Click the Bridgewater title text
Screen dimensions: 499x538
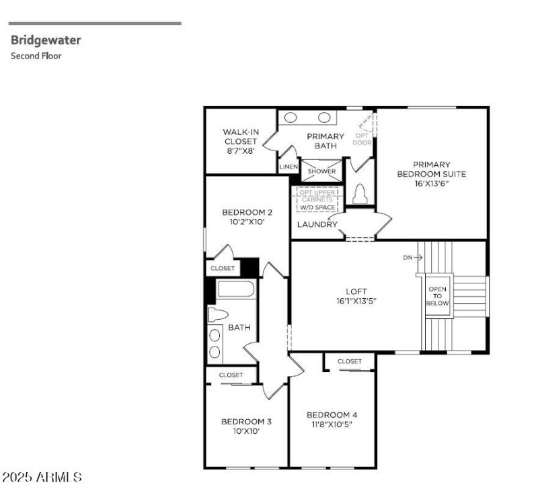pyautogui.click(x=46, y=40)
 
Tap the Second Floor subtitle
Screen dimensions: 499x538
pyautogui.click(x=36, y=56)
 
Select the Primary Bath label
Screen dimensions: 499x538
pyautogui.click(x=325, y=140)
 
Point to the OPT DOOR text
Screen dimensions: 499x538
pyautogui.click(x=362, y=138)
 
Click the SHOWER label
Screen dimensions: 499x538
pyautogui.click(x=321, y=171)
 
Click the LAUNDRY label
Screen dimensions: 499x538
pyautogui.click(x=317, y=224)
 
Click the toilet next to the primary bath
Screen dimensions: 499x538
pyautogui.click(x=359, y=193)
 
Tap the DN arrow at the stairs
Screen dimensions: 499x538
pyautogui.click(x=412, y=257)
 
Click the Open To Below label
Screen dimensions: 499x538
pyautogui.click(x=437, y=296)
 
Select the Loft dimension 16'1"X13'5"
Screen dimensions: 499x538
pyautogui.click(x=356, y=301)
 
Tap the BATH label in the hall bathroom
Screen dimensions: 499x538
pyautogui.click(x=239, y=328)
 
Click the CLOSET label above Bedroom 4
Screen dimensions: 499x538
pyautogui.click(x=349, y=361)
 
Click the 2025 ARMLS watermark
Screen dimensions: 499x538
pyautogui.click(x=42, y=477)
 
